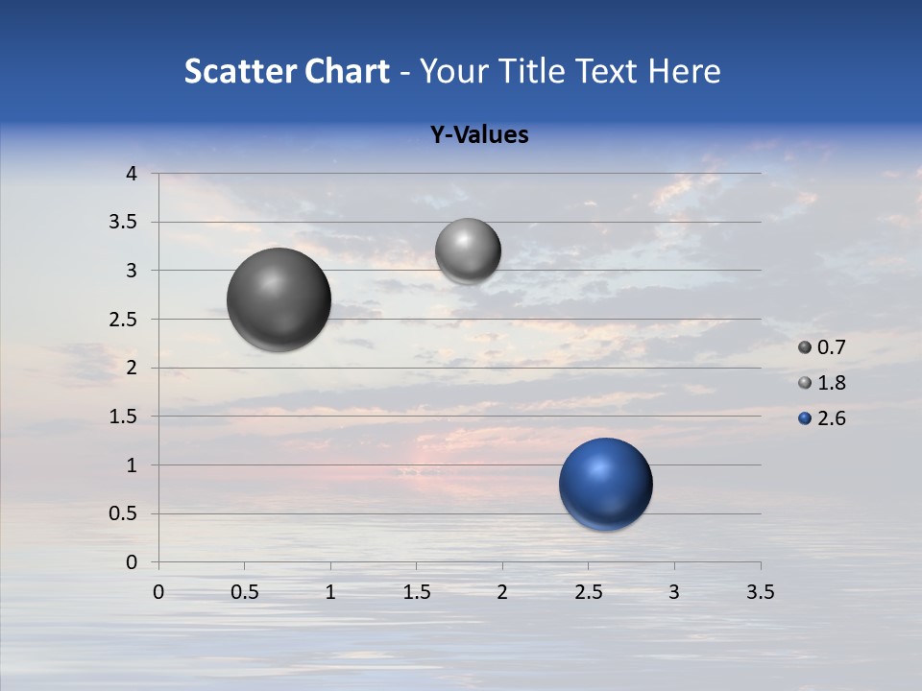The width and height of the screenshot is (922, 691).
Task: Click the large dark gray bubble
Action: [x=279, y=299]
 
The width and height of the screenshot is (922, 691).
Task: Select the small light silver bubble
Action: [x=468, y=250]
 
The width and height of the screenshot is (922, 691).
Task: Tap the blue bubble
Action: [x=605, y=484]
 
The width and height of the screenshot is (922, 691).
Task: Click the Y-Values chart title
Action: [x=479, y=134]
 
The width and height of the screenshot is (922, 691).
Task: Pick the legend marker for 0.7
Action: [x=805, y=347]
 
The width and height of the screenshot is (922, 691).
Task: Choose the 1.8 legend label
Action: [x=831, y=383]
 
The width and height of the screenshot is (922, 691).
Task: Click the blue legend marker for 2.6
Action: [x=805, y=418]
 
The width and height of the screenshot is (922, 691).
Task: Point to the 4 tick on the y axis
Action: [x=132, y=174]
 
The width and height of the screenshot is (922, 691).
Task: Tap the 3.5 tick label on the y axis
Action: [x=123, y=223]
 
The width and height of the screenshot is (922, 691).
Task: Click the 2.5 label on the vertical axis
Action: [x=123, y=320]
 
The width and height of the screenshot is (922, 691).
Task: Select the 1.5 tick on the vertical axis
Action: [x=123, y=417]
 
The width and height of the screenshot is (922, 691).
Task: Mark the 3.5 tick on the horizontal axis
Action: [x=760, y=592]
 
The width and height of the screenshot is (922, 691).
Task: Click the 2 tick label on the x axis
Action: [x=502, y=592]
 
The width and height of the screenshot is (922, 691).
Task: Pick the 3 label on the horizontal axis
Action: [x=674, y=592]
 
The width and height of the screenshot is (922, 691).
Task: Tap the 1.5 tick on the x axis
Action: [x=417, y=592]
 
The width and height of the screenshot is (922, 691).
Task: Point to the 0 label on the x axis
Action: [x=159, y=592]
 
